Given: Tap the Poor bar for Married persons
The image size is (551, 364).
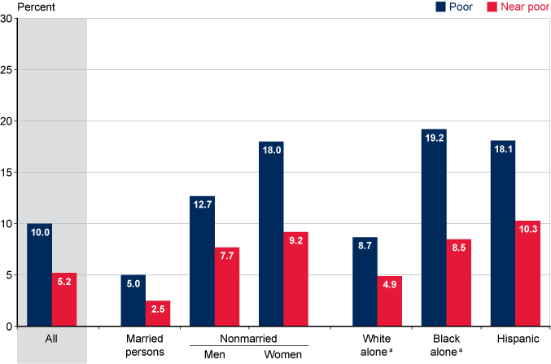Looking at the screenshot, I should (x=133, y=300).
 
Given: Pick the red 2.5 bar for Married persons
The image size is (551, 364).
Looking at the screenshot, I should (x=159, y=314).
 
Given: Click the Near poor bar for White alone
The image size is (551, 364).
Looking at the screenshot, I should (x=390, y=301).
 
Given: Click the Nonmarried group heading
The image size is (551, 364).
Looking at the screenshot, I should (x=250, y=338).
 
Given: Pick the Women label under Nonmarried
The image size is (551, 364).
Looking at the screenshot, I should (x=283, y=354).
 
